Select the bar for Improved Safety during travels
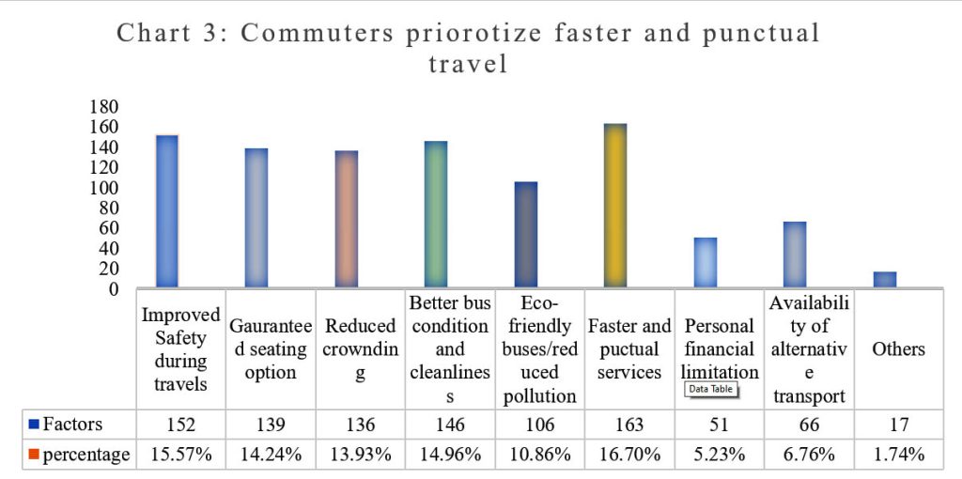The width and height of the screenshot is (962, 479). coord(167,210)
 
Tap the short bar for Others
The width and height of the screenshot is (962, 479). coord(885,279)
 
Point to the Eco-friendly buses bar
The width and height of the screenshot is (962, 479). coord(526,234)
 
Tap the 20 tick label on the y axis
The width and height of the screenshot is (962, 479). coord(107,269)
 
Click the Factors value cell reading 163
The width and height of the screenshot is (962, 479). coord(629,425)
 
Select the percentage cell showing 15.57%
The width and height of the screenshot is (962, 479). coord(180,455)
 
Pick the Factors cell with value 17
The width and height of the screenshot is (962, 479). coord(898,425)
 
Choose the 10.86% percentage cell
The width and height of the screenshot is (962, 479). coord(539,455)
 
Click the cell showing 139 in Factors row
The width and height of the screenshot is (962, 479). coord(271,425)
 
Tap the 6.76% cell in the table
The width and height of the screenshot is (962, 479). coord(808,455)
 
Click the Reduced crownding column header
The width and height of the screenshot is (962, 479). coord(361,348)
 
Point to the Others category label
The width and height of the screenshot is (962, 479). coord(898,348)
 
